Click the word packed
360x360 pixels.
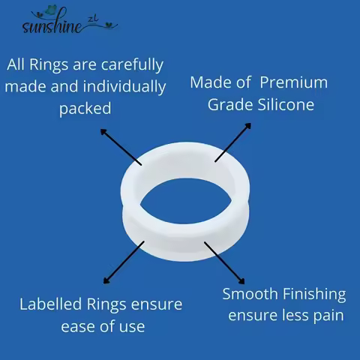85,108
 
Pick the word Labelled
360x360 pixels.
50,305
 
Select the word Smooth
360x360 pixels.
248,294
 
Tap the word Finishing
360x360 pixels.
312,294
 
